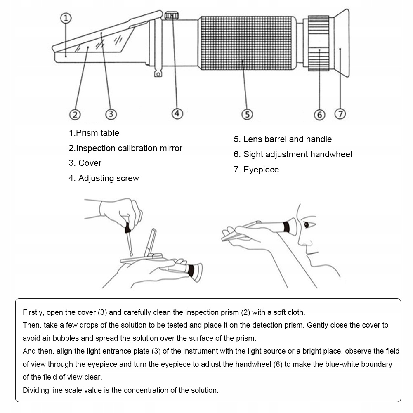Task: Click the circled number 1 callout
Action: [67, 18]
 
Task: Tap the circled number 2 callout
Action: [75, 114]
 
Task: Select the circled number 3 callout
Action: [111, 114]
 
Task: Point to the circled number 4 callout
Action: [177, 113]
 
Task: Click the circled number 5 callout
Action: [247, 114]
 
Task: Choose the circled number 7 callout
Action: [340, 114]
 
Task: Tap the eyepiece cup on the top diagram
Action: [342, 43]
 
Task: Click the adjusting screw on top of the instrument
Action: [172, 16]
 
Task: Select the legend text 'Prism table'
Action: [94, 133]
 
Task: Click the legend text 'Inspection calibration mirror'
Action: [125, 148]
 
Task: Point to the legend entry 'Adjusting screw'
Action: [104, 178]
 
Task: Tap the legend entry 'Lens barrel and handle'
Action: [283, 139]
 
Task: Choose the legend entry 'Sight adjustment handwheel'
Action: [293, 154]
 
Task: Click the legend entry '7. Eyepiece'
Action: [256, 170]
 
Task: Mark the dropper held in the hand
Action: [129, 237]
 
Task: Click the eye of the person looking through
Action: [306, 225]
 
